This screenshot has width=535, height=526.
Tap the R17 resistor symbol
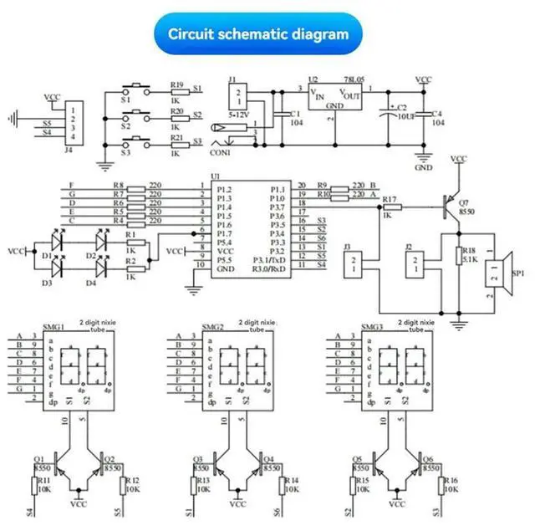tap(391, 206)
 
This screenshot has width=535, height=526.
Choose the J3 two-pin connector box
tap(354, 266)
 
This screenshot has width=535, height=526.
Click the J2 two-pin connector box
tap(413, 265)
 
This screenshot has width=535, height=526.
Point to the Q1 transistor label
tap(38, 459)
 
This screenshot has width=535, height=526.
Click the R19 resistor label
tap(176, 84)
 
